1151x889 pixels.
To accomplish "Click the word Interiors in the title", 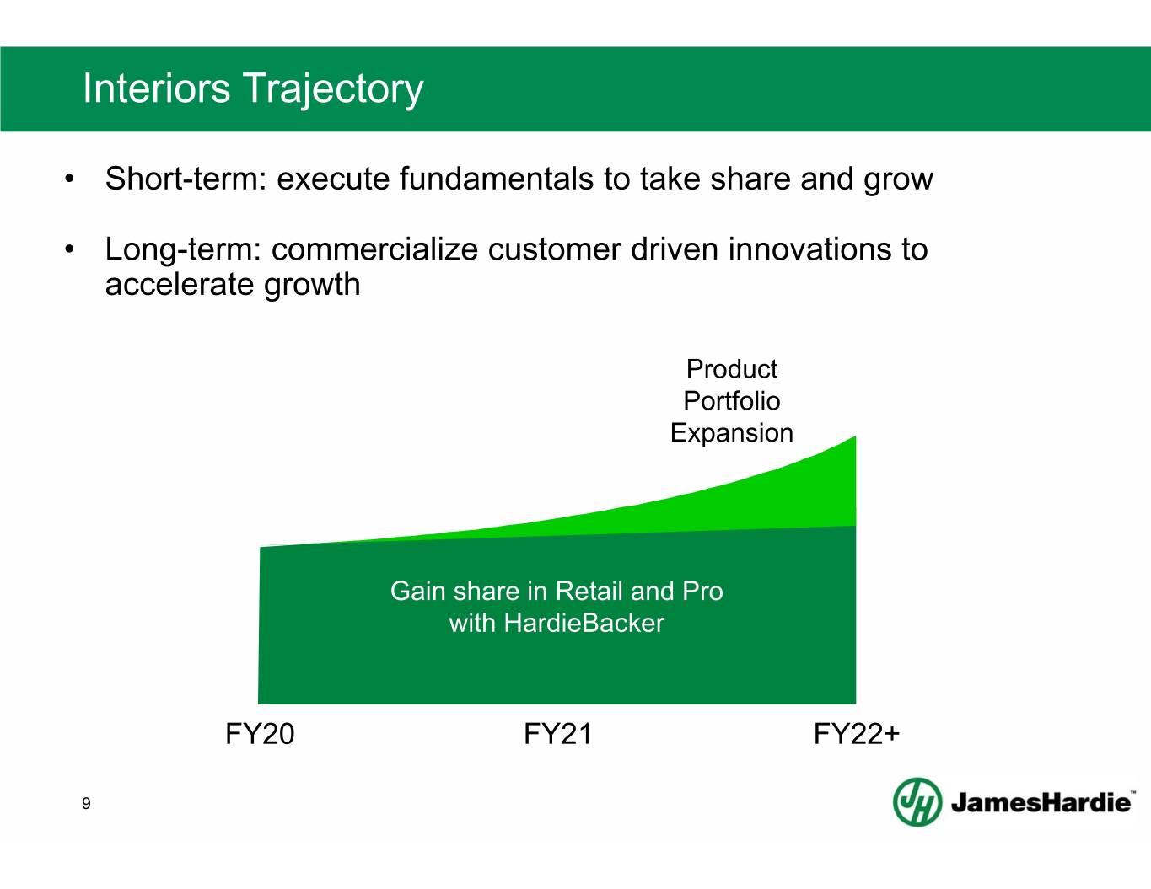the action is (157, 88).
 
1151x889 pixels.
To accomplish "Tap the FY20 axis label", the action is (260, 734).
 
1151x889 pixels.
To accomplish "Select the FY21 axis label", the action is (557, 734).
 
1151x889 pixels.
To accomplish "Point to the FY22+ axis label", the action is (857, 734).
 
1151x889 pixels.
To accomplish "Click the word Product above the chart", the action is (731, 369).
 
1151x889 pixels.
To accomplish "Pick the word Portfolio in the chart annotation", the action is (731, 400).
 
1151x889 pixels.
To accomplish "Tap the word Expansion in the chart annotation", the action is (731, 433).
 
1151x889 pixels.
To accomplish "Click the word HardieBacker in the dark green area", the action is (584, 623).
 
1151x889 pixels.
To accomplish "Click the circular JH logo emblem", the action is (917, 801).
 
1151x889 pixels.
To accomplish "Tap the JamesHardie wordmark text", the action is (1041, 803).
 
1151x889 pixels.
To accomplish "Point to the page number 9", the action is (86, 804).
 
